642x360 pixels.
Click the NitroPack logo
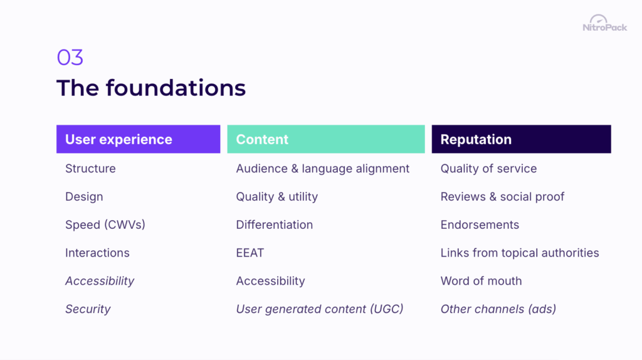[604, 24]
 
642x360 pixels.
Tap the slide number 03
[70, 58]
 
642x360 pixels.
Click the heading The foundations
[151, 88]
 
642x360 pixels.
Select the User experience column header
[138, 139]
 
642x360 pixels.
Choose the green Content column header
[325, 139]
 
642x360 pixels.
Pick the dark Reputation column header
[521, 139]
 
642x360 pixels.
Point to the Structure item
[90, 169]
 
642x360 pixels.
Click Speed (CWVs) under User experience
[105, 225]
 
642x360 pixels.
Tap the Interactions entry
[97, 253]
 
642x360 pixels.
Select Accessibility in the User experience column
[100, 281]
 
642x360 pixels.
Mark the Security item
[88, 309]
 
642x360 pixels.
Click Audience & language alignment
[322, 169]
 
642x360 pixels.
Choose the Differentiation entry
[274, 225]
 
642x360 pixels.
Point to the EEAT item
[250, 253]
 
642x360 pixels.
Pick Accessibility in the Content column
[270, 281]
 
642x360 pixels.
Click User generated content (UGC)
[320, 309]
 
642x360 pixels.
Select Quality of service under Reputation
[488, 169]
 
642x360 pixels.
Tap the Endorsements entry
[480, 225]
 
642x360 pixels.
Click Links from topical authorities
[520, 253]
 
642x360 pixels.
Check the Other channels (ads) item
[498, 309]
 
